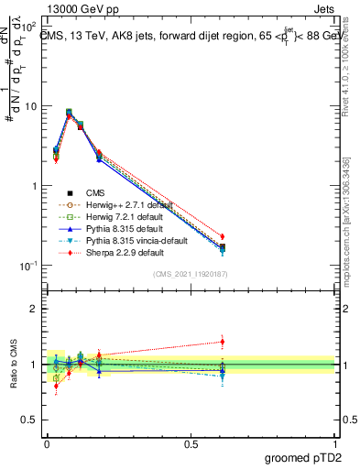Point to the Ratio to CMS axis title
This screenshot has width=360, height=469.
click(x=14, y=365)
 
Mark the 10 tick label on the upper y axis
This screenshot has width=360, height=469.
click(x=30, y=106)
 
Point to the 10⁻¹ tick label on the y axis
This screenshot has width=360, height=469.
click(x=27, y=266)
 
